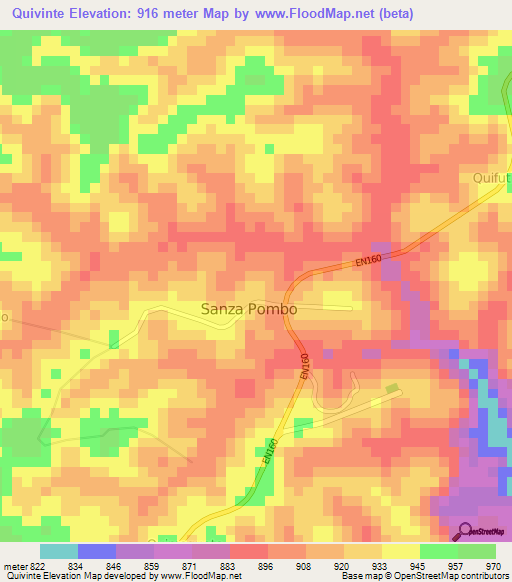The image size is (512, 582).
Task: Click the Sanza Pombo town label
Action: [x=249, y=309]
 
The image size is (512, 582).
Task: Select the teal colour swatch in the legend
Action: [x=58, y=551]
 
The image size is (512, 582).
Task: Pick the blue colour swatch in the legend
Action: [x=96, y=551]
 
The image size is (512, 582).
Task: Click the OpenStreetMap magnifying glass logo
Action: [x=463, y=531]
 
